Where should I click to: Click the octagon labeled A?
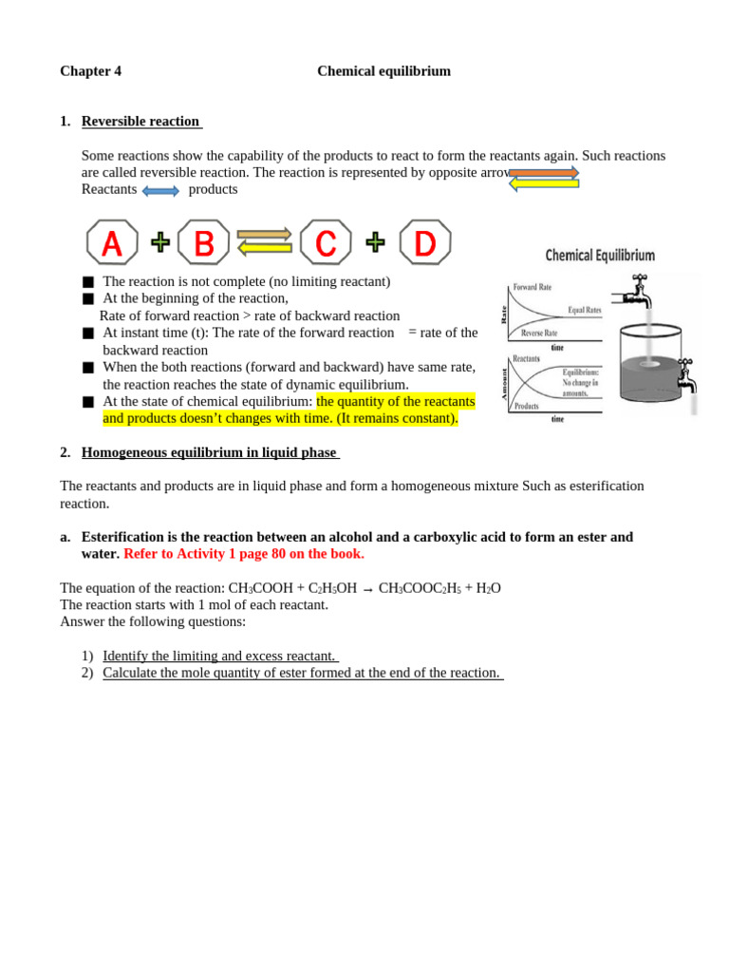112,242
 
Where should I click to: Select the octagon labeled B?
203,242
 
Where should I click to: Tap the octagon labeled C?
326,242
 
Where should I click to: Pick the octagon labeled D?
424,242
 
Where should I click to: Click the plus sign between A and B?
160,242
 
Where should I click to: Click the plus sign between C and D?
376,242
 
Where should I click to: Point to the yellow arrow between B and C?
265,249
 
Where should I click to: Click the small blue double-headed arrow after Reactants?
160,191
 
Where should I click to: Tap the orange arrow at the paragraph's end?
544,172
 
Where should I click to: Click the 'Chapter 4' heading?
90,71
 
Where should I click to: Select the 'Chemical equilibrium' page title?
383,71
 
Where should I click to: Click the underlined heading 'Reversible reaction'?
140,122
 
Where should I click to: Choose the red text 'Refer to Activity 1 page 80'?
243,554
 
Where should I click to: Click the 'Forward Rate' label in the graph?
532,287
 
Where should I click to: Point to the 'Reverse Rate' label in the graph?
539,334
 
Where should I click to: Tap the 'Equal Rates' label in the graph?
584,311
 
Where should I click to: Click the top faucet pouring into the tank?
634,293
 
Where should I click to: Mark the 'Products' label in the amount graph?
527,406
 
